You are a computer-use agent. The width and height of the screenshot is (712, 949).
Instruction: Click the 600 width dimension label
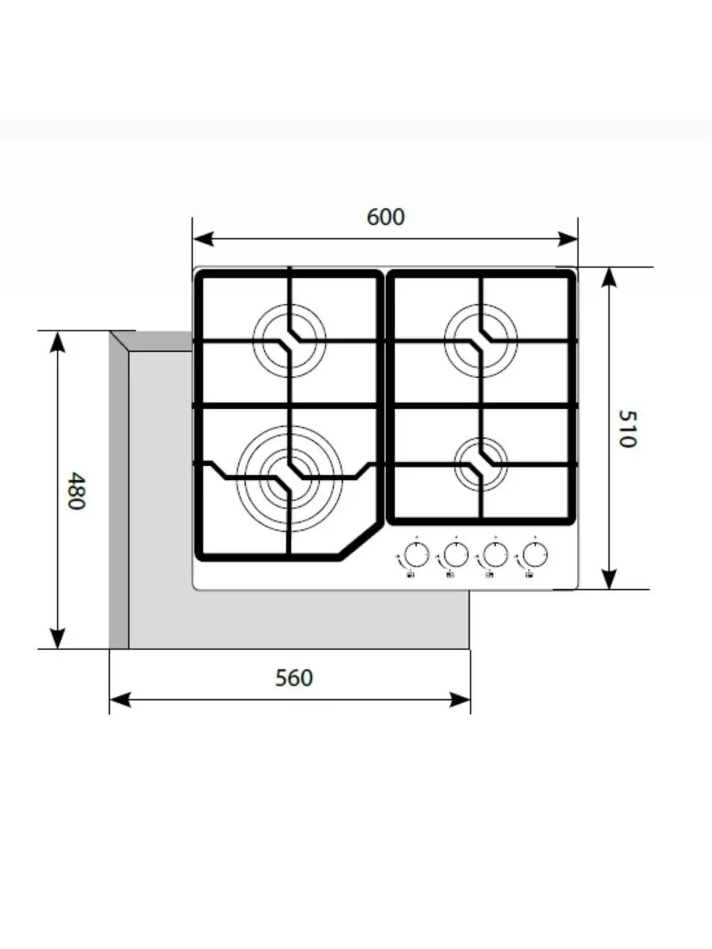pyautogui.click(x=385, y=217)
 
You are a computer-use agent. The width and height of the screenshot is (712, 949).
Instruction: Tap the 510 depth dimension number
pyautogui.click(x=627, y=429)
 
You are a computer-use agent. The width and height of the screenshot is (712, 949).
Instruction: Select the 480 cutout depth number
pyautogui.click(x=77, y=491)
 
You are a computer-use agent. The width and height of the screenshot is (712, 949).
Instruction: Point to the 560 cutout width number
pyautogui.click(x=294, y=678)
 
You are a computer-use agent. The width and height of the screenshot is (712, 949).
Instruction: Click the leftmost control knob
pyautogui.click(x=416, y=554)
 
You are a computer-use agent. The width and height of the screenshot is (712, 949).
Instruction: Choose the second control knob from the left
pyautogui.click(x=456, y=554)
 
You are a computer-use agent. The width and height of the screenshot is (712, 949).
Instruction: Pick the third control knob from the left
pyautogui.click(x=495, y=554)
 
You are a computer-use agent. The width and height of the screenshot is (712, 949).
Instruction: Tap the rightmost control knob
pyautogui.click(x=535, y=554)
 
